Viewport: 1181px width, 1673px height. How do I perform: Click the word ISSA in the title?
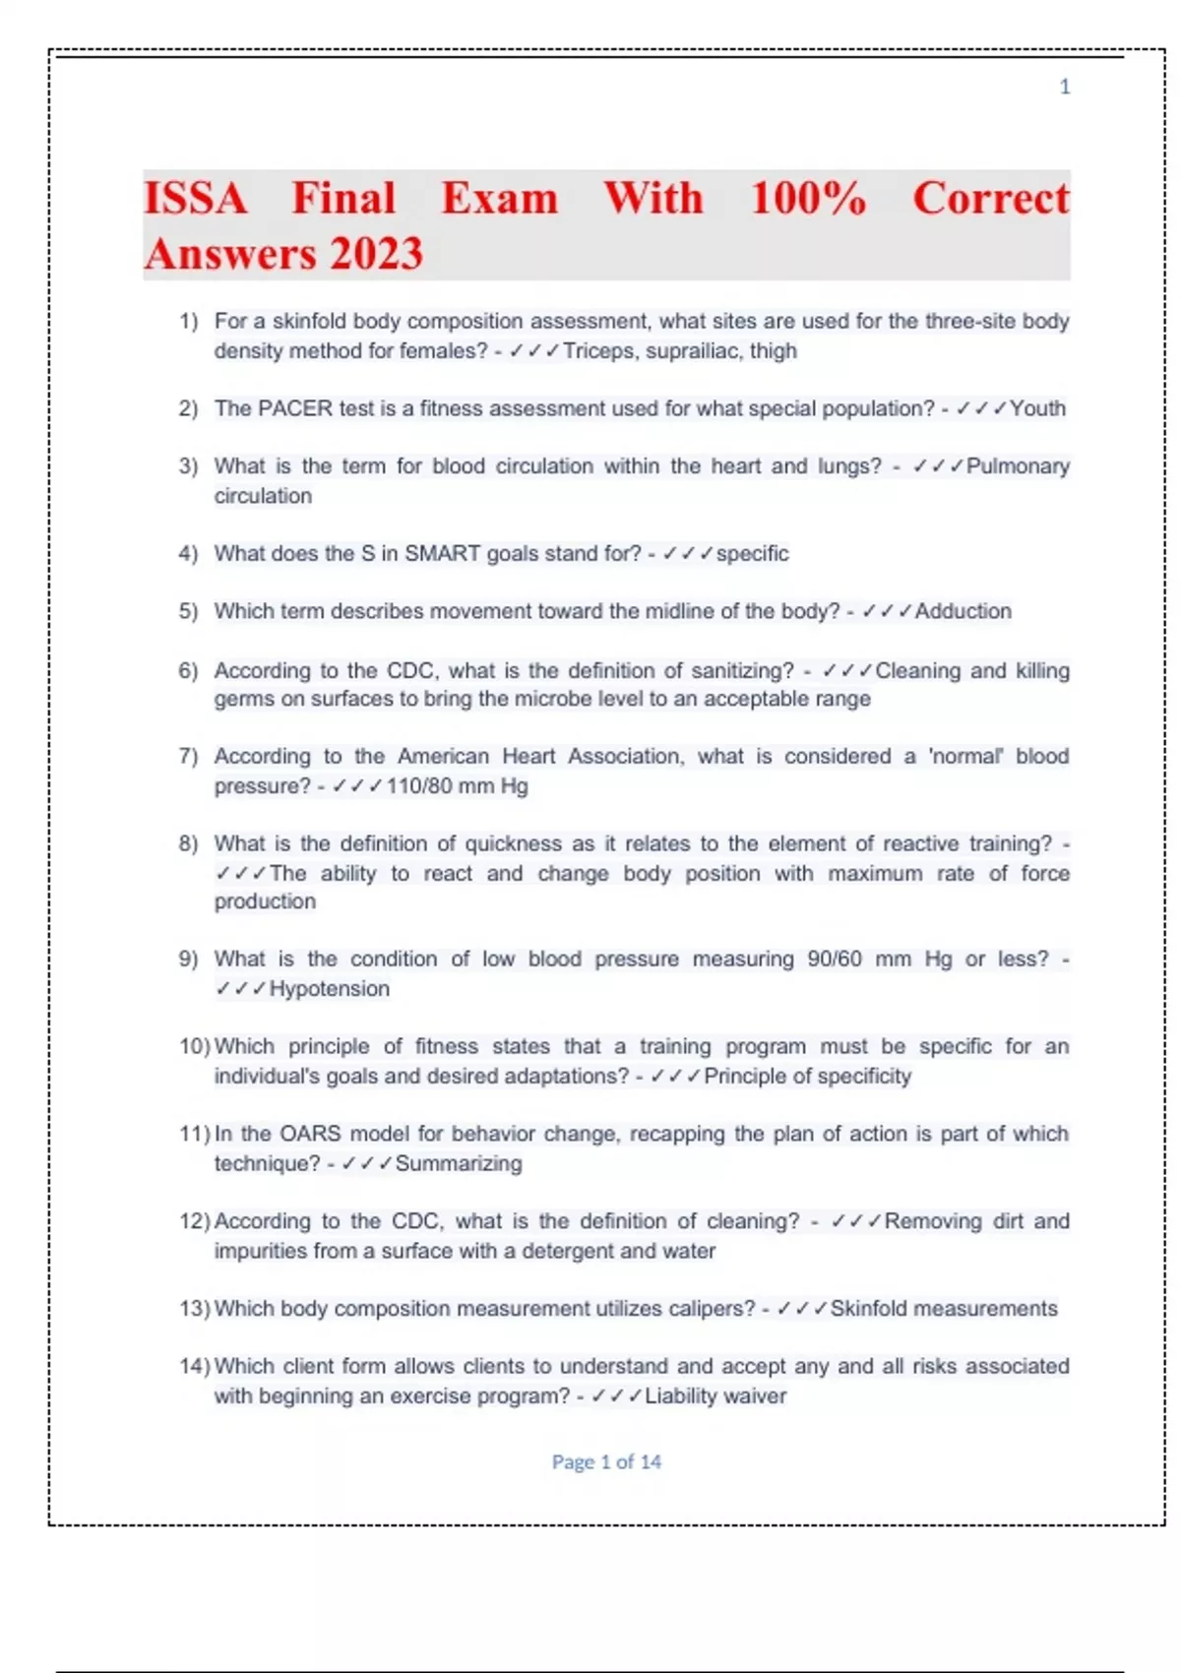pyautogui.click(x=196, y=198)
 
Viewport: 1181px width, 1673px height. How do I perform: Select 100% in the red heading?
pyautogui.click(x=808, y=198)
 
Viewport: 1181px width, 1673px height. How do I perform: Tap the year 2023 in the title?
pyautogui.click(x=376, y=254)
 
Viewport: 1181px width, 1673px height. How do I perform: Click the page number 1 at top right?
pyautogui.click(x=1064, y=87)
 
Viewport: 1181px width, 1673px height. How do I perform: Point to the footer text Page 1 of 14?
pyautogui.click(x=606, y=1461)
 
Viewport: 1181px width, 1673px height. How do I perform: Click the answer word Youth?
pyautogui.click(x=1037, y=408)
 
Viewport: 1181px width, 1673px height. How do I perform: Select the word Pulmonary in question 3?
pyautogui.click(x=1018, y=465)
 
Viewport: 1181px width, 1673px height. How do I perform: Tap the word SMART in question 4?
pyautogui.click(x=442, y=553)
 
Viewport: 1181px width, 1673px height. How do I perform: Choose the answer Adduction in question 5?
pyautogui.click(x=963, y=611)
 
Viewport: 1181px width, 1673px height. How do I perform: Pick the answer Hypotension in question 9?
pyautogui.click(x=330, y=988)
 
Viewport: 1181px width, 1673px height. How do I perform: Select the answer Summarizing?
pyautogui.click(x=459, y=1163)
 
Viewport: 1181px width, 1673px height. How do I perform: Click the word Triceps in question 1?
pyautogui.click(x=598, y=350)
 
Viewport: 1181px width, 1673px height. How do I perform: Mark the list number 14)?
pyautogui.click(x=195, y=1366)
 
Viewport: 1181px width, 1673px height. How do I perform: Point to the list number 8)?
pyautogui.click(x=188, y=843)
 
